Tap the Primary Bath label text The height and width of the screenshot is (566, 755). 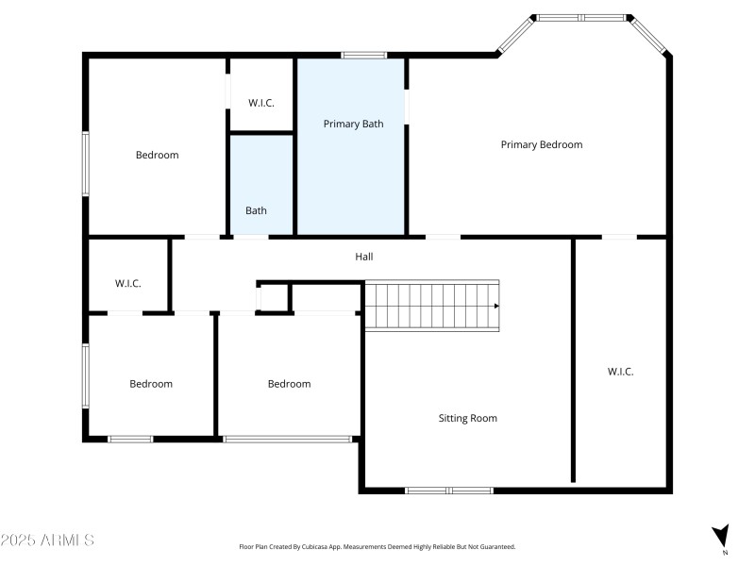coord(353,124)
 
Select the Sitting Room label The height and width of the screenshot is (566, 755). coord(467,418)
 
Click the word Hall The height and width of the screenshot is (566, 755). coord(364,256)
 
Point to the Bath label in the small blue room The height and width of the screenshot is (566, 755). coord(256,210)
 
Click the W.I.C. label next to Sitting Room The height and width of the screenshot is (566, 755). coord(620,372)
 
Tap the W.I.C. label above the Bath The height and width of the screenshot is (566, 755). coord(261,103)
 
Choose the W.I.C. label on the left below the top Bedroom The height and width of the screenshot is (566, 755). coord(127,283)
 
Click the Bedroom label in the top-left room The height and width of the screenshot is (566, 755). coord(157,155)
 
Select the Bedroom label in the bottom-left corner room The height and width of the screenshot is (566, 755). coord(151,384)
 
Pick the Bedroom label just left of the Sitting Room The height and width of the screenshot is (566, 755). coord(289,384)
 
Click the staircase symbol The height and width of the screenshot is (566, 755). coord(431,305)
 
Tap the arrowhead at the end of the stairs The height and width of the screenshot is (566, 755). coord(496,306)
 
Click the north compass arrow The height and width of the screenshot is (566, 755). coord(720,536)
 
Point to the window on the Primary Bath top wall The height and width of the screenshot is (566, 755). coord(359,55)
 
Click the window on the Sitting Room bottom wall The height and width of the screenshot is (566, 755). coord(449,491)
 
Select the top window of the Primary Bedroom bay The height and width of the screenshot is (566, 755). coord(581,17)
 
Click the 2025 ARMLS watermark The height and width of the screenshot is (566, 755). coord(47,541)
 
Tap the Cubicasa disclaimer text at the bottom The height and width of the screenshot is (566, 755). coord(377,546)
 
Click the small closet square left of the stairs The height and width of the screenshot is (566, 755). coord(273,297)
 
